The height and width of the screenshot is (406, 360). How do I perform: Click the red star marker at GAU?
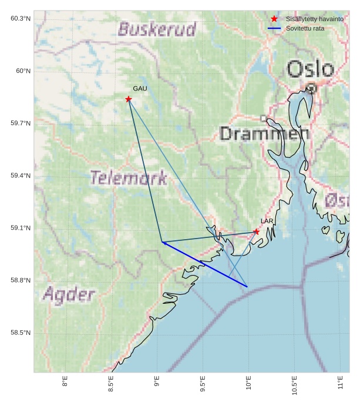(128, 99)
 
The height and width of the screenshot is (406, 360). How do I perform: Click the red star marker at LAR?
(256, 231)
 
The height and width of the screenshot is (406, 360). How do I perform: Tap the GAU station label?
(140, 89)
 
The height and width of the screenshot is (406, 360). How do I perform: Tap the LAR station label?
(267, 222)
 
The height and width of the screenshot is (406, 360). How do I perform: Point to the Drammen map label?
(264, 133)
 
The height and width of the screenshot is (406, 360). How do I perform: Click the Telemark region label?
(129, 177)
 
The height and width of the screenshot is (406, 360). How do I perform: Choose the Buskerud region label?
(157, 29)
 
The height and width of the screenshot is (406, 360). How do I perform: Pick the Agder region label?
(69, 294)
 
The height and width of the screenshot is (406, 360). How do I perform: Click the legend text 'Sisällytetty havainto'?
(311, 19)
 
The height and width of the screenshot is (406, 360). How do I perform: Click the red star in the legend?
(274, 19)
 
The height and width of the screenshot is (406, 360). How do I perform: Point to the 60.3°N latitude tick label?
(20, 19)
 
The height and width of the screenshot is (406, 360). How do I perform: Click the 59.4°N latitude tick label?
(20, 176)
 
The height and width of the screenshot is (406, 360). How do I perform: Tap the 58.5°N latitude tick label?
(20, 333)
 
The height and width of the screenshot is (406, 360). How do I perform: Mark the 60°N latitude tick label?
(23, 71)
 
